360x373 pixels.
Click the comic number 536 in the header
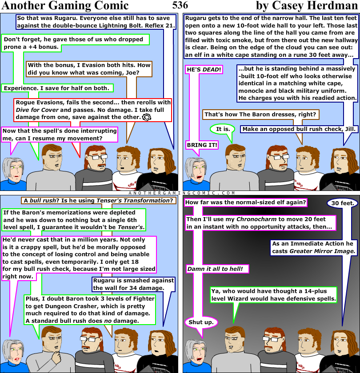[x=180, y=5]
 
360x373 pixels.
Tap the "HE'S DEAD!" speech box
[x=204, y=70]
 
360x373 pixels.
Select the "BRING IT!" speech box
[x=202, y=145]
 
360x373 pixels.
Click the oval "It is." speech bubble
[x=223, y=129]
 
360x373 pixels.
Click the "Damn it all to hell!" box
[x=217, y=269]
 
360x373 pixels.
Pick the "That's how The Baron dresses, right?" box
[x=260, y=115]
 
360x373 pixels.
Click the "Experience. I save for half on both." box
[x=57, y=88]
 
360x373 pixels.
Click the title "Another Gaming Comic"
[x=65, y=6]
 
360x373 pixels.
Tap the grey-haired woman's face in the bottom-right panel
[x=196, y=350]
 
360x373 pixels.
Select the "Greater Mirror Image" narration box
[x=314, y=247]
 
